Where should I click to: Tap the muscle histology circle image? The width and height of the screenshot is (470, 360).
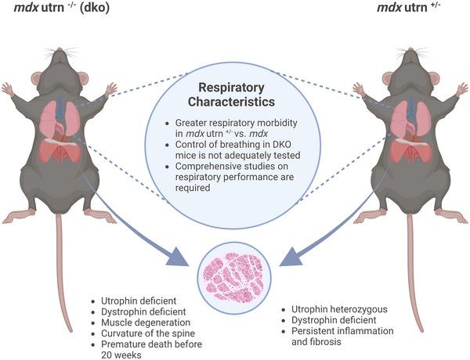pos(234,275)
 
